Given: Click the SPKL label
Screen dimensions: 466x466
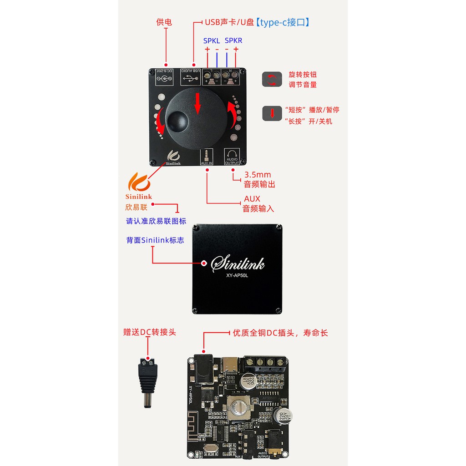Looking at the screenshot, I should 211,41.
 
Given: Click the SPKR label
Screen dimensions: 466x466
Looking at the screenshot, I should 233,41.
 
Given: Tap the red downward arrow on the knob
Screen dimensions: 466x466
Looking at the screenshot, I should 197,104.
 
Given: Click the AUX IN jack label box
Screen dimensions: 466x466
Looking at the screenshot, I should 207,157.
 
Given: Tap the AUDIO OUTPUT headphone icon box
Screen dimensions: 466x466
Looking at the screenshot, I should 232,157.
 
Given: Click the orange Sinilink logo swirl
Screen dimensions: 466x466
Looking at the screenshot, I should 139,182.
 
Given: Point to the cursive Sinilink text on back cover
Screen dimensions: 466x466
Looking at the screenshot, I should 238,263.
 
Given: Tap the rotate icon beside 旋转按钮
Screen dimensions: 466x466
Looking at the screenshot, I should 272,79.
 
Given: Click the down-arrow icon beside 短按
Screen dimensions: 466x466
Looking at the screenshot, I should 272,113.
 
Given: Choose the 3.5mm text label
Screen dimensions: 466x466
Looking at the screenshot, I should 257,175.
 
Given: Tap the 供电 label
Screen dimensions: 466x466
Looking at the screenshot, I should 164,22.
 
